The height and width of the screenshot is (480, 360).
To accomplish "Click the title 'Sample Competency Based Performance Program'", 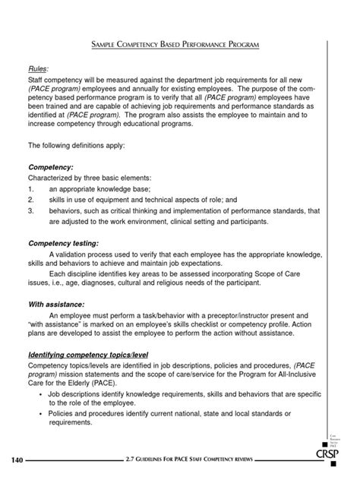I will [180, 46].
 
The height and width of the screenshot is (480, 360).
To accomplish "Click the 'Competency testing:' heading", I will [65, 243].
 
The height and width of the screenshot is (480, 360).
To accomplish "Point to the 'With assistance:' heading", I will [57, 302].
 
